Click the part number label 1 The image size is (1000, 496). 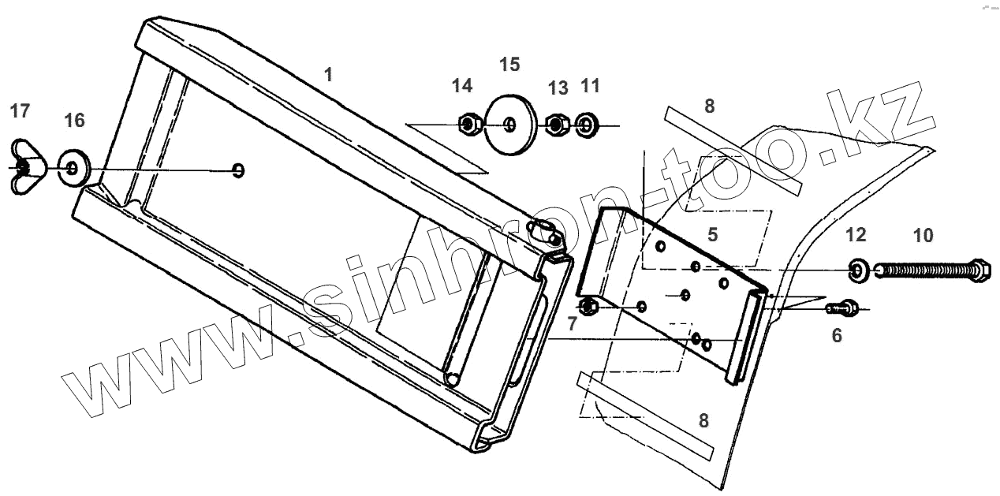[328, 75]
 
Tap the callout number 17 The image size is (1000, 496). [20, 111]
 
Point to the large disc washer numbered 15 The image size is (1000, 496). [510, 125]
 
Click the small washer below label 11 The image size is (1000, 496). [587, 125]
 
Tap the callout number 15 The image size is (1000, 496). [510, 64]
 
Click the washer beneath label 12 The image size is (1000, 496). [856, 270]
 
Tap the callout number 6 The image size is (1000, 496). [837, 336]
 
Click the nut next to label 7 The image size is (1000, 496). [588, 306]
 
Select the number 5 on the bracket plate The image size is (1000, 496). [712, 234]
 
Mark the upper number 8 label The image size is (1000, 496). [709, 106]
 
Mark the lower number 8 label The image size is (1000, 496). [703, 421]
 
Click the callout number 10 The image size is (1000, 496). [923, 235]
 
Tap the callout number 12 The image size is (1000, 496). [856, 235]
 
